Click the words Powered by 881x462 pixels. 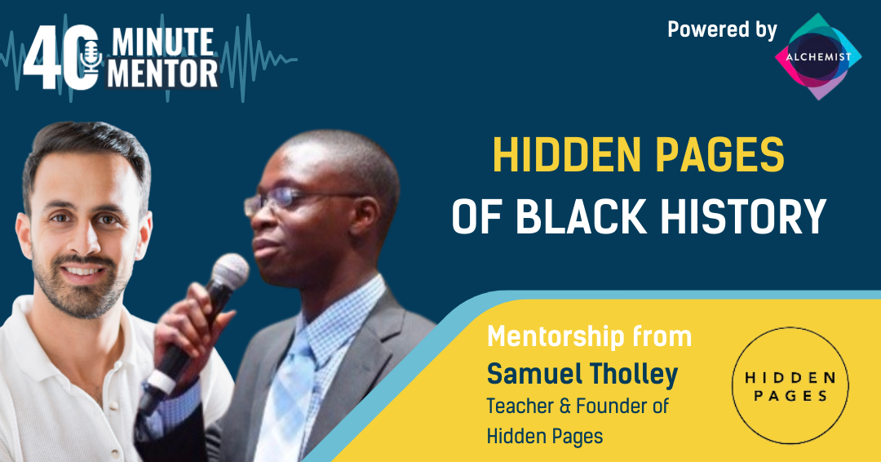pyautogui.click(x=722, y=29)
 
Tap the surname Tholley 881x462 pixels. pyautogui.click(x=639, y=374)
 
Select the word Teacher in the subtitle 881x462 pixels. pyautogui.click(x=519, y=405)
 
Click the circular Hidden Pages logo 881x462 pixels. pyautogui.click(x=790, y=386)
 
